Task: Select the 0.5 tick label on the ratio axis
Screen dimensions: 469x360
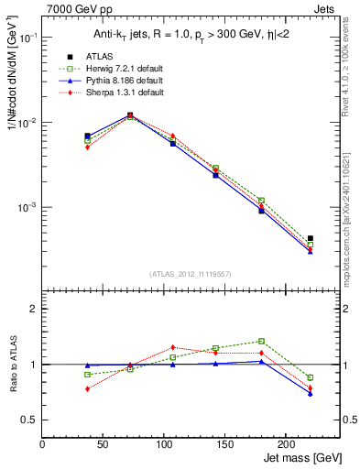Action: pos(29,420)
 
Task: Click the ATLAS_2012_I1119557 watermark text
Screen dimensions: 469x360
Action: pos(190,274)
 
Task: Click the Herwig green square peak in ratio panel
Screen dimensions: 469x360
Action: pos(261,341)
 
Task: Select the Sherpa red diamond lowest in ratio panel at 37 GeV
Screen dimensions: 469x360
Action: pos(87,388)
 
